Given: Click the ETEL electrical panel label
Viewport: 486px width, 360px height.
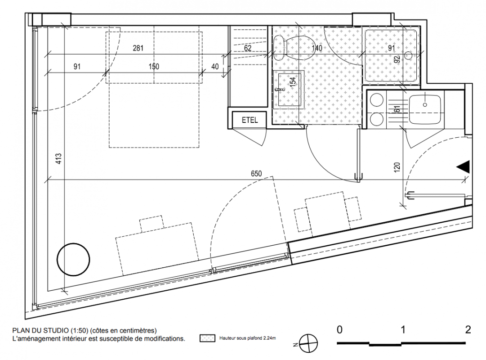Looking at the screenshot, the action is [x=250, y=120].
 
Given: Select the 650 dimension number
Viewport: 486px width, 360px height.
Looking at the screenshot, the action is [x=256, y=174].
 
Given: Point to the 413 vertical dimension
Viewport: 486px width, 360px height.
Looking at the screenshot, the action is [x=58, y=158].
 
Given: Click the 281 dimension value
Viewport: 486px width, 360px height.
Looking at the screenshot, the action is [x=138, y=48].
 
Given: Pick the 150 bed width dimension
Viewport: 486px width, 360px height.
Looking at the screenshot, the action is [x=154, y=67].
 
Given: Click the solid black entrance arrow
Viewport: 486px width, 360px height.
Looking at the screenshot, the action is [x=464, y=166].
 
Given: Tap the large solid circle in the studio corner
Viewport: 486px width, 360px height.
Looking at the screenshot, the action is [x=73, y=259].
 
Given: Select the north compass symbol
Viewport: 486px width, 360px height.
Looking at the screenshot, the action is [x=309, y=343].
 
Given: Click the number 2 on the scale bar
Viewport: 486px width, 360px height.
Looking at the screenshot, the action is [x=468, y=329].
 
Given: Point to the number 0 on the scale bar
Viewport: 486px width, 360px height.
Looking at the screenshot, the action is [x=340, y=329].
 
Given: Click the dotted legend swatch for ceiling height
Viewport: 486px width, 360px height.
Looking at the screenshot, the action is [x=207, y=338].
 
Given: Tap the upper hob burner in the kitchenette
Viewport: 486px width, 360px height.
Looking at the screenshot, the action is [x=377, y=100].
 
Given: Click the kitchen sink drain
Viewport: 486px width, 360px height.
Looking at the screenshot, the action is [x=425, y=104].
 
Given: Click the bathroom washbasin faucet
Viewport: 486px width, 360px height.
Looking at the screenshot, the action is [x=280, y=90].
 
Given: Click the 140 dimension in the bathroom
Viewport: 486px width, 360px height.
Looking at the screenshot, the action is [x=317, y=48].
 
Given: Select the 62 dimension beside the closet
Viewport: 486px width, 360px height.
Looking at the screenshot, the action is [x=248, y=48].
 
